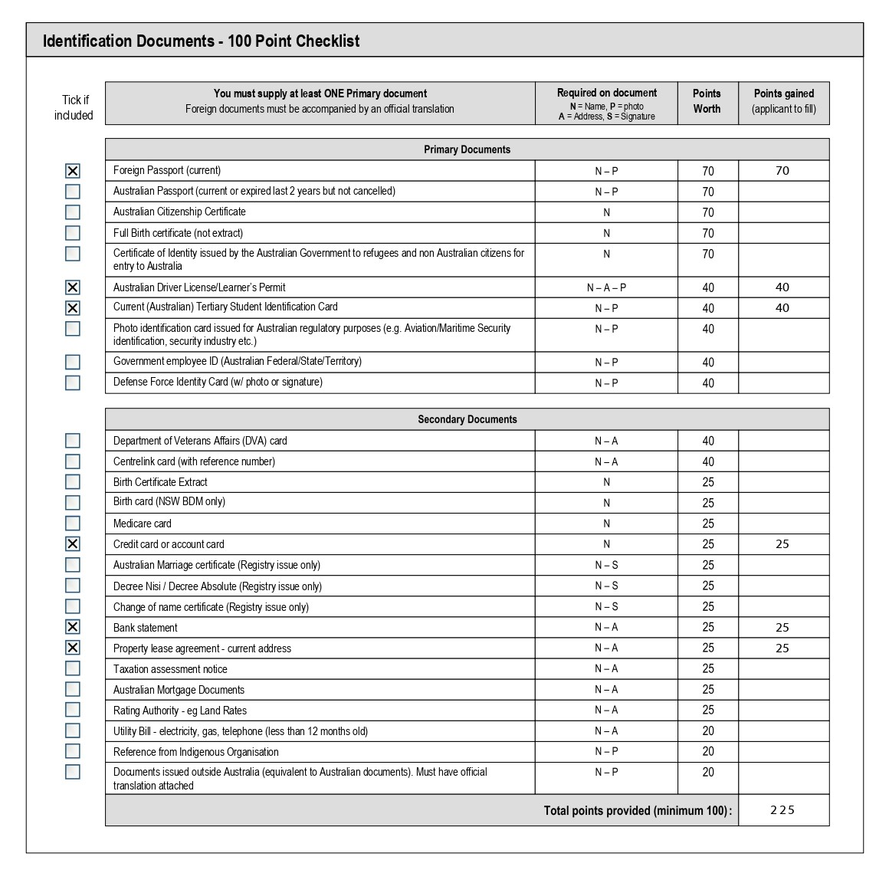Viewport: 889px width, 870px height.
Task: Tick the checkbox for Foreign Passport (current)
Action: (x=73, y=171)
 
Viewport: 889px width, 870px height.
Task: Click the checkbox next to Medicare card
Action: (x=73, y=524)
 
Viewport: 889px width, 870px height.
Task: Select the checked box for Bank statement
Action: (x=73, y=627)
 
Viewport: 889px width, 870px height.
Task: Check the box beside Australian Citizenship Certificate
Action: (x=73, y=212)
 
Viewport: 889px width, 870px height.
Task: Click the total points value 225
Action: (x=782, y=810)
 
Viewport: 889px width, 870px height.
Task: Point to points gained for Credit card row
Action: (x=782, y=544)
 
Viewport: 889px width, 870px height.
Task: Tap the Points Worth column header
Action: (x=707, y=101)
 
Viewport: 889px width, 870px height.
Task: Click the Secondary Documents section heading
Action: (x=467, y=419)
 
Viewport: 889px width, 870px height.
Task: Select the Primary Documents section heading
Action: (x=467, y=149)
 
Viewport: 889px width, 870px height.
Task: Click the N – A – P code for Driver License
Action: (x=606, y=287)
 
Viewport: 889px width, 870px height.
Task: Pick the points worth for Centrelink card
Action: (x=707, y=461)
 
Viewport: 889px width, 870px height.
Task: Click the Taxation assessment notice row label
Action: (x=170, y=669)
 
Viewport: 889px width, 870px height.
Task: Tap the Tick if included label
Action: (x=74, y=108)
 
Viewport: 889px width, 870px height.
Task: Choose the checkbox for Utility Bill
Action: (x=73, y=730)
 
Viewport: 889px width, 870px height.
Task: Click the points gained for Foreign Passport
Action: (x=782, y=171)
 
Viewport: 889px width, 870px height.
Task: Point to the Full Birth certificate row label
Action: (x=178, y=233)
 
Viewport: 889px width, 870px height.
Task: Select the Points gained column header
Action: (x=783, y=101)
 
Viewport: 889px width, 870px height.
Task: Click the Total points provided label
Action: (x=638, y=810)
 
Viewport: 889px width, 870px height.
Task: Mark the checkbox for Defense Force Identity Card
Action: (x=73, y=382)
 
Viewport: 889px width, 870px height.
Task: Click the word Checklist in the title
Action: (x=327, y=41)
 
